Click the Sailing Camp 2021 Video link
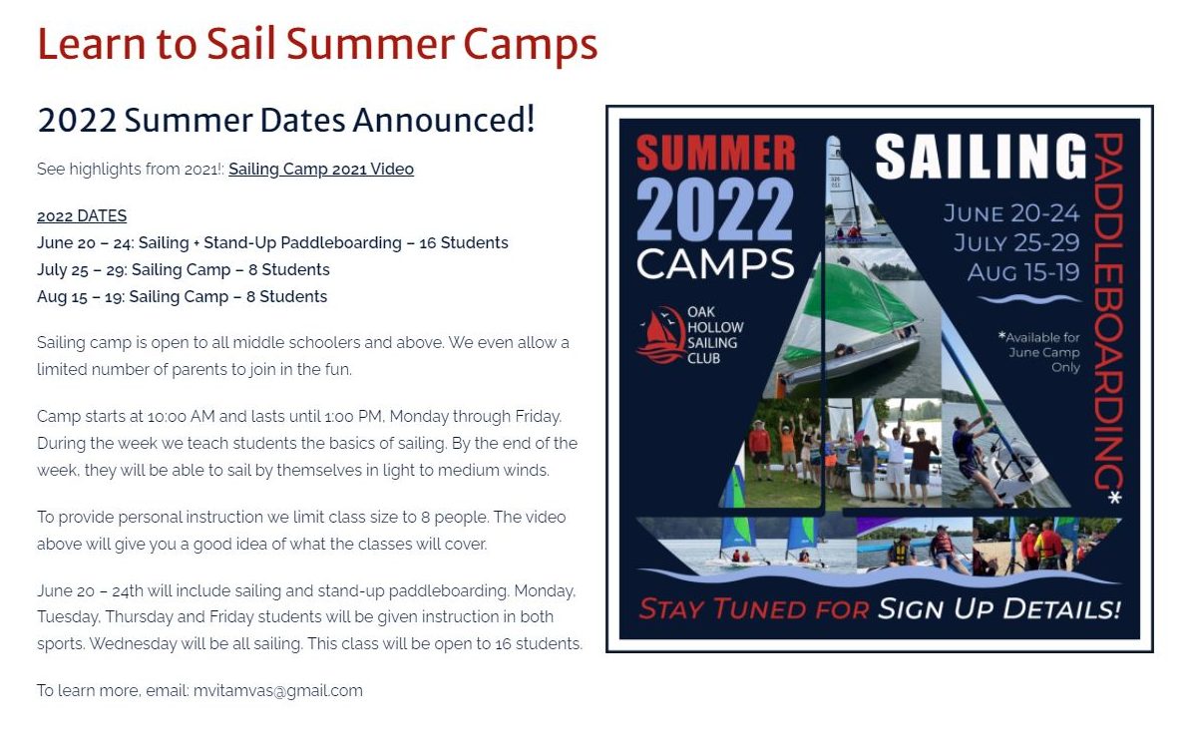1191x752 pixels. [320, 169]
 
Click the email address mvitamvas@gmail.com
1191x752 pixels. [278, 690]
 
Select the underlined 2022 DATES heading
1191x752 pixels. [82, 215]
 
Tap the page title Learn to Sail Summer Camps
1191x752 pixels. [317, 44]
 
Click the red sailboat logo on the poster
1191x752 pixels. [661, 335]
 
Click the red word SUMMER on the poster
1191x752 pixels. [715, 153]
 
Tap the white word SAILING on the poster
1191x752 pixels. [981, 157]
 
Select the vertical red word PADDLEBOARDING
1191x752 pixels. [1108, 311]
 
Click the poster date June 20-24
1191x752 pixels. [1011, 212]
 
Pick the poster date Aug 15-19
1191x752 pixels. [1023, 272]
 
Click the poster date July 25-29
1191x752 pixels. [1016, 242]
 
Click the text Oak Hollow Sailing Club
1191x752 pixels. [715, 335]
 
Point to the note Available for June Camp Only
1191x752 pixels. [1039, 352]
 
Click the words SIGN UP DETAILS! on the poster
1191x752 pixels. [998, 609]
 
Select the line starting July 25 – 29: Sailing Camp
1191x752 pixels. [184, 269]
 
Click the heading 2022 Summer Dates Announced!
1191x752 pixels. [286, 120]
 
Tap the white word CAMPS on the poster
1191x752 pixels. [715, 263]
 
